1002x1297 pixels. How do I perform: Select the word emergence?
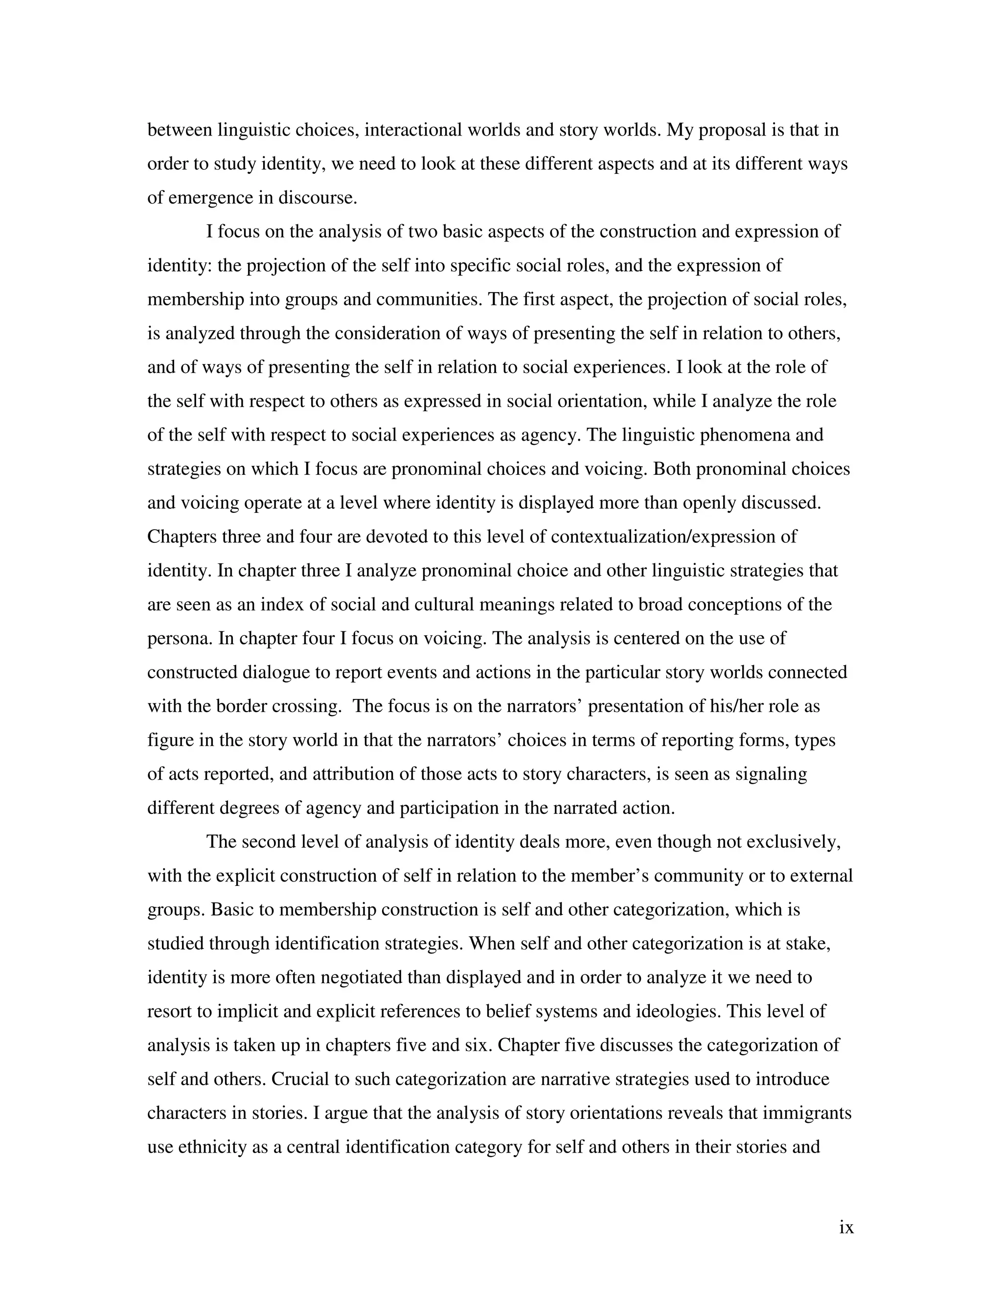coord(210,198)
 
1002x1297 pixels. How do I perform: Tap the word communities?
coord(428,300)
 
